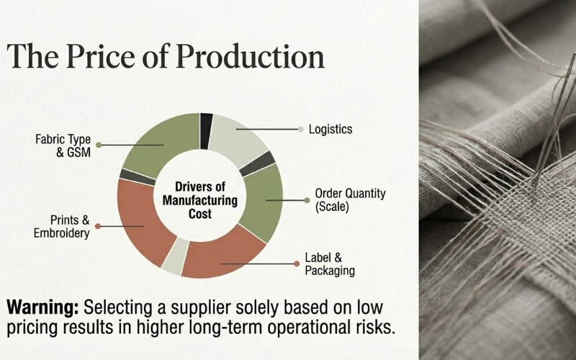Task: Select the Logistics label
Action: [x=330, y=130]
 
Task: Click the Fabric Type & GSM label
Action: [x=63, y=145]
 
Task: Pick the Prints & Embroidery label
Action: [x=61, y=226]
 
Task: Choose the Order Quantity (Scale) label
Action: [x=350, y=200]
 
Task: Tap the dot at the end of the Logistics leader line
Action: [x=301, y=130]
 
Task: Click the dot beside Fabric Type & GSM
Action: [x=99, y=145]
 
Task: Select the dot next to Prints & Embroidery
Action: [x=98, y=226]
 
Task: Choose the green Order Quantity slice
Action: [x=261, y=202]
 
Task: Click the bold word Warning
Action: [x=42, y=307]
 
